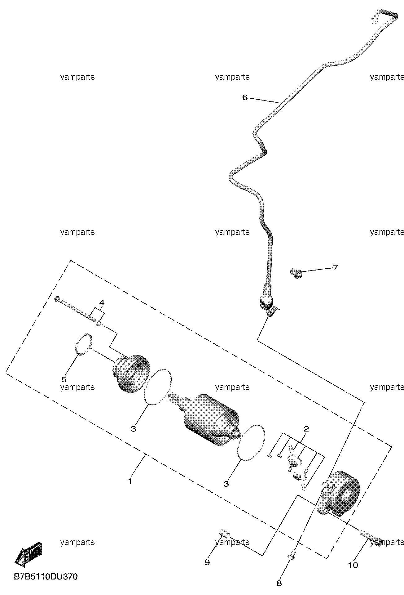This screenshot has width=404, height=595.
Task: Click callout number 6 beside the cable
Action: point(245,98)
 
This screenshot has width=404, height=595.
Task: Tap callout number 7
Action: point(335,267)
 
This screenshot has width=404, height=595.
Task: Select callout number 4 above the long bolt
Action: point(102,302)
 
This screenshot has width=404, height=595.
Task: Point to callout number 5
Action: point(64,379)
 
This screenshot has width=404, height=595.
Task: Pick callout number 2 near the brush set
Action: point(306,429)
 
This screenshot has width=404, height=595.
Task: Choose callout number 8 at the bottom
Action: point(279,584)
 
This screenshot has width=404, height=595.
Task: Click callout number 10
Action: point(353,566)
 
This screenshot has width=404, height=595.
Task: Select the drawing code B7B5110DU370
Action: point(46,577)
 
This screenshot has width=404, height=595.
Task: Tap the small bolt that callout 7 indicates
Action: point(296,273)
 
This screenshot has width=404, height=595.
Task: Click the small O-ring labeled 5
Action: point(84,344)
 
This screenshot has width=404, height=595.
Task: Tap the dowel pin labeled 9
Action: point(224,533)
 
